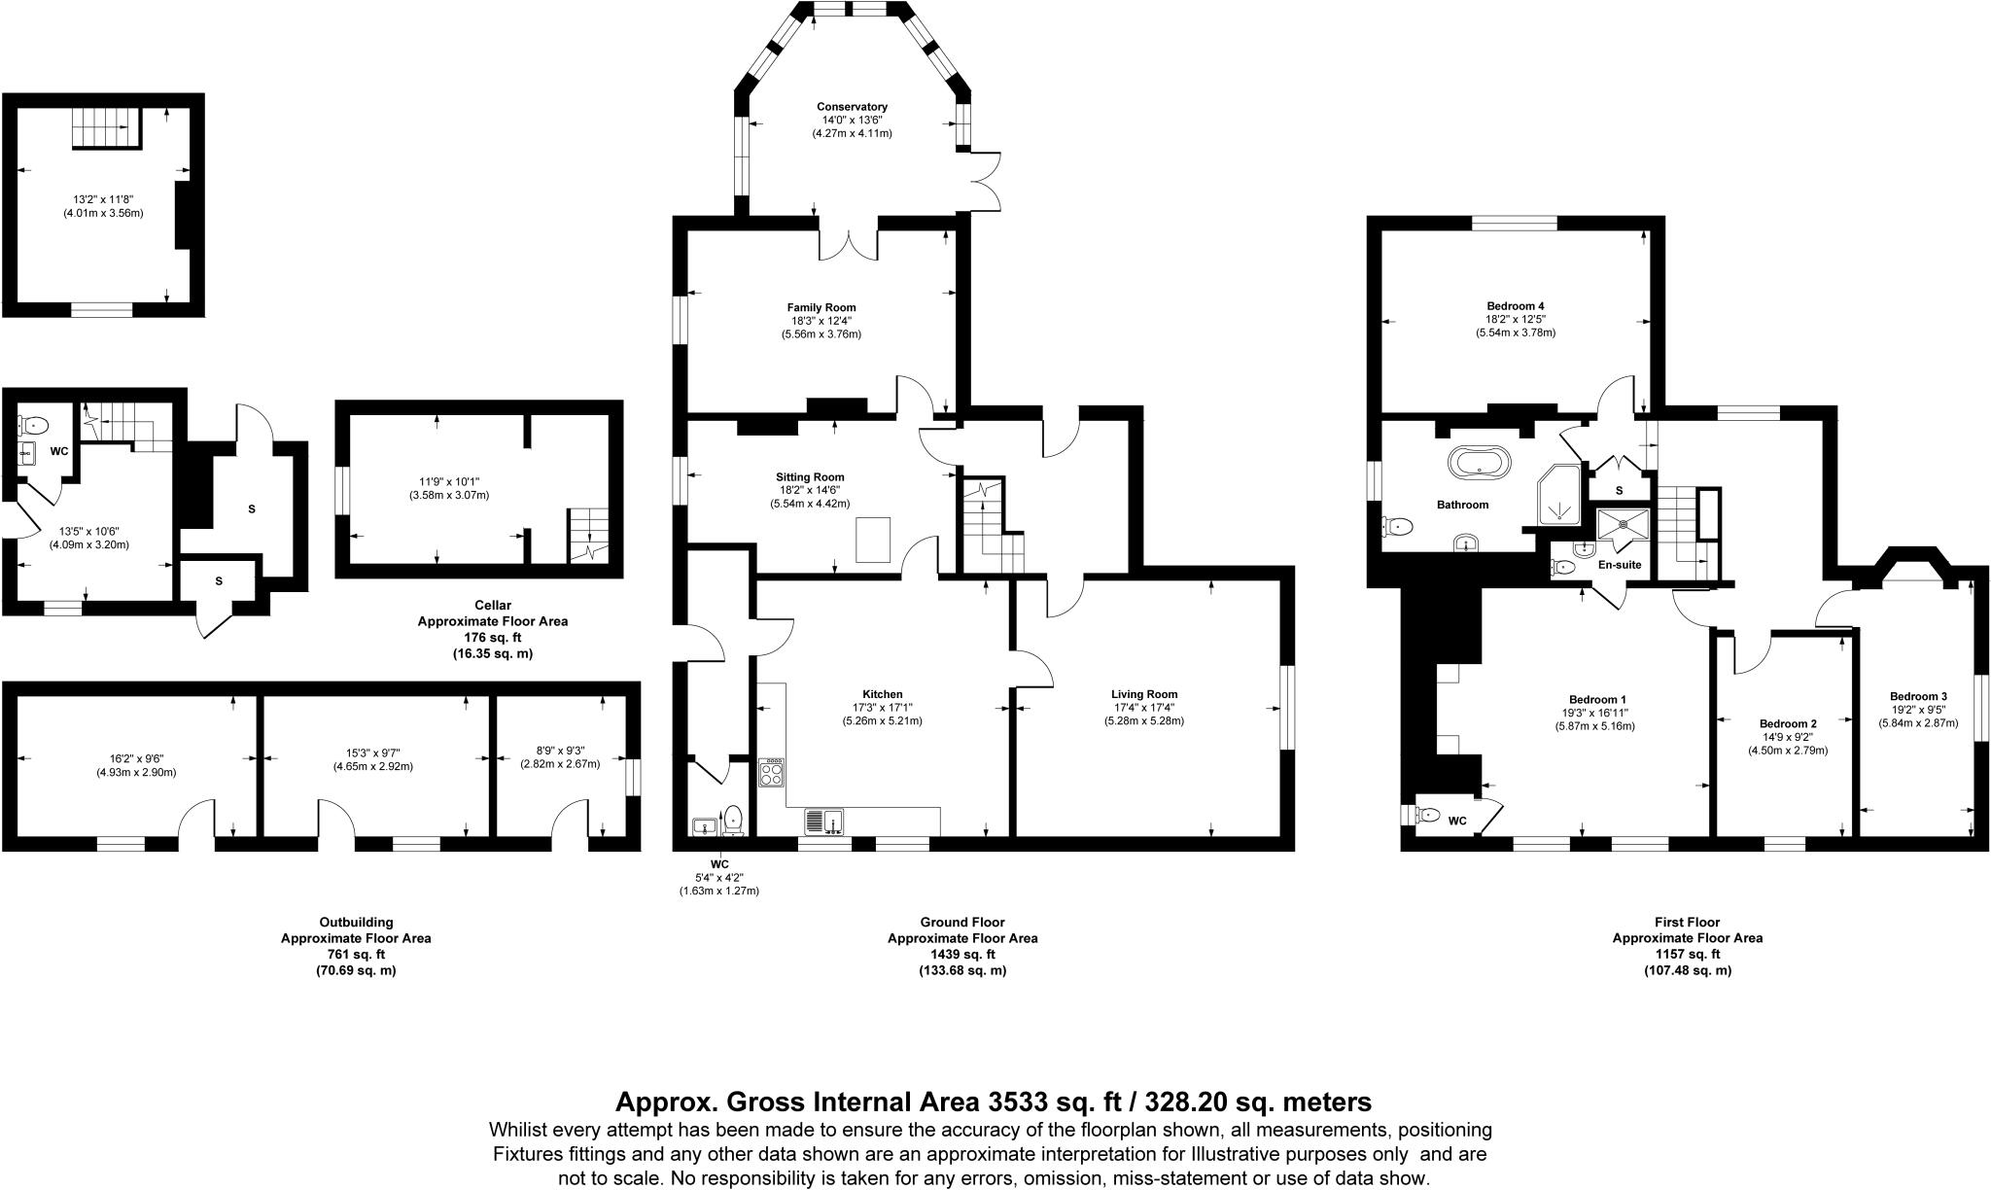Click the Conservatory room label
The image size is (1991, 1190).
click(852, 107)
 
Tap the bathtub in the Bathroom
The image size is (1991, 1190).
click(1480, 463)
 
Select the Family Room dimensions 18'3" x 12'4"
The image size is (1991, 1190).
click(821, 321)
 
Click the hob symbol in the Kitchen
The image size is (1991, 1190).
click(773, 774)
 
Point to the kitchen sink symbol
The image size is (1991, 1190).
click(825, 822)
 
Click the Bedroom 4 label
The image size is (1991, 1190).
click(1516, 305)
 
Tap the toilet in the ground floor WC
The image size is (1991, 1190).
click(734, 820)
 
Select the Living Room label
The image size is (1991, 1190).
click(1144, 694)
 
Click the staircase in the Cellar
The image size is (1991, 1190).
click(588, 535)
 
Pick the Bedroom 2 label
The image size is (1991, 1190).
click(1788, 724)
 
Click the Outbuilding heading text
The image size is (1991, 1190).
click(356, 923)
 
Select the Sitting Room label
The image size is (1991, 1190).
click(810, 477)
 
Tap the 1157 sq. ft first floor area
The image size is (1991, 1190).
click(1687, 955)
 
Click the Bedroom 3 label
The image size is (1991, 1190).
click(1918, 696)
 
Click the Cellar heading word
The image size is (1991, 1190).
click(493, 605)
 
